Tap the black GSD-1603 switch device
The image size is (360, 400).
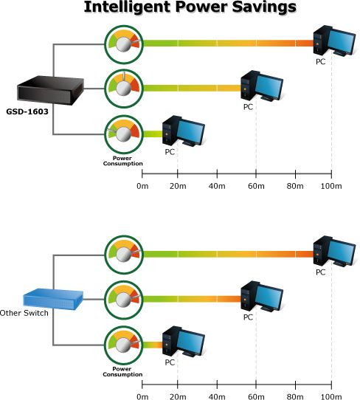pyautogui.click(x=50, y=90)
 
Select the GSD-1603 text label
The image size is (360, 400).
pyautogui.click(x=27, y=111)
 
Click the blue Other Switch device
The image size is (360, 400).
pyautogui.click(x=53, y=299)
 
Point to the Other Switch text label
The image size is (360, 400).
pyautogui.click(x=24, y=313)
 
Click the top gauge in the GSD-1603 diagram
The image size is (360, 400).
pyautogui.click(x=124, y=44)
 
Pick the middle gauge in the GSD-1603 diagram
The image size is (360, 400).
pyautogui.click(x=124, y=89)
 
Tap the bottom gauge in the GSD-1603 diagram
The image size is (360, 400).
pyautogui.click(x=124, y=134)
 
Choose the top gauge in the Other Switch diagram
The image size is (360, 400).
pyautogui.click(x=124, y=255)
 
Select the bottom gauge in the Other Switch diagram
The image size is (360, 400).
pyautogui.click(x=124, y=345)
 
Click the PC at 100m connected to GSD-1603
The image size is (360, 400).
pyautogui.click(x=334, y=41)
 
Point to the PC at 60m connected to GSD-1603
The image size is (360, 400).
pyautogui.click(x=262, y=86)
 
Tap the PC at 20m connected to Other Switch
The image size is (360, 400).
pyautogui.click(x=184, y=341)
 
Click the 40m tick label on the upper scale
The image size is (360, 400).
pyautogui.click(x=217, y=186)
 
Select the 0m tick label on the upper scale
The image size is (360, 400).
pyautogui.click(x=142, y=186)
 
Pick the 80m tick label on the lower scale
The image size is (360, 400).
pyautogui.click(x=295, y=396)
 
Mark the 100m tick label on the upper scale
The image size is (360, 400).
pyautogui.click(x=331, y=186)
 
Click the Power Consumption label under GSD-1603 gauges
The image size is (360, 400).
pyautogui.click(x=122, y=161)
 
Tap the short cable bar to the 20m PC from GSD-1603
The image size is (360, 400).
pyautogui.click(x=153, y=134)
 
